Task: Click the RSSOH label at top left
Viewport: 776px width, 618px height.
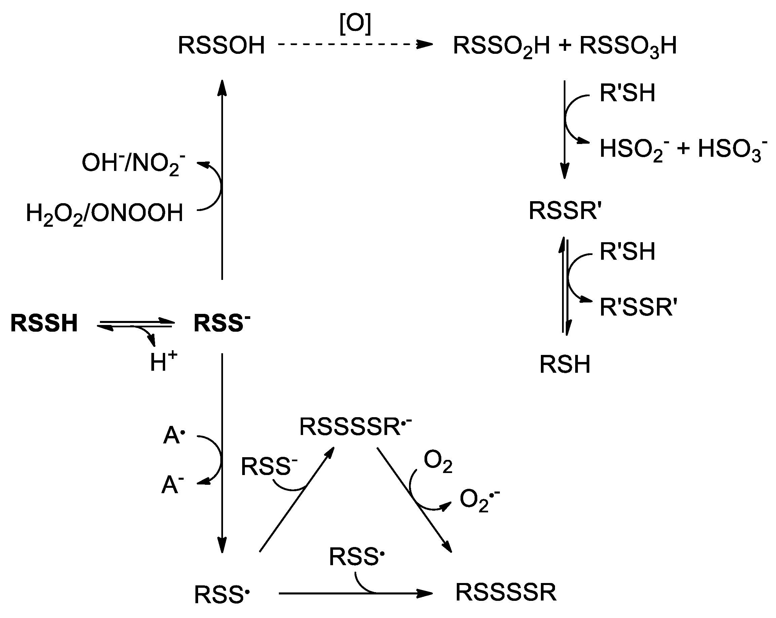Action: [221, 46]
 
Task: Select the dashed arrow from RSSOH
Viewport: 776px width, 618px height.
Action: [355, 45]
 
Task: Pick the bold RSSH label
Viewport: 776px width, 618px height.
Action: [44, 323]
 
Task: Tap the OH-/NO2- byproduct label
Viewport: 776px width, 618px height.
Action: [134, 163]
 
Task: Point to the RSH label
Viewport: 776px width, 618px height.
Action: [565, 364]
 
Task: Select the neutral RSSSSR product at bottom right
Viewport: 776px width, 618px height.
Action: [506, 592]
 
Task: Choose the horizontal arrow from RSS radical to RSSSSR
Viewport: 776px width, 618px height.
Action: [355, 593]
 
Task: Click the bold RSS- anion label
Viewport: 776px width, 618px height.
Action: [222, 323]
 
